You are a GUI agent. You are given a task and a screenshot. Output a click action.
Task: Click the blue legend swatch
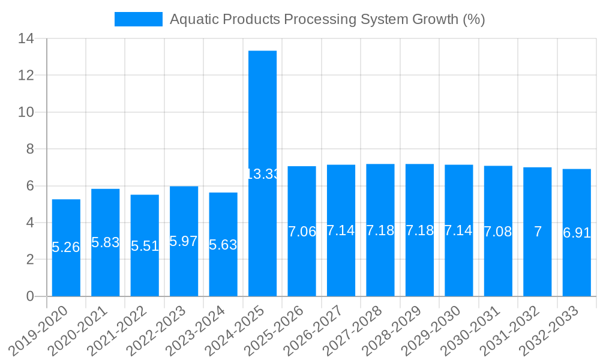coord(139,19)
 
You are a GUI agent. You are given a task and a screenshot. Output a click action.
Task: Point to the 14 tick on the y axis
coord(26,39)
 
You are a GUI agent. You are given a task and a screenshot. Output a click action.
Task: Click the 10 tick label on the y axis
coord(26,113)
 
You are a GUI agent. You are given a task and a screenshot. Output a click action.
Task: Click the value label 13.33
coord(263,174)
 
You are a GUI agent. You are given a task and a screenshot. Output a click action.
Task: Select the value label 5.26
coord(66,247)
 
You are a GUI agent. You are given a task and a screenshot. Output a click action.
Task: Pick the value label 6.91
coord(577,233)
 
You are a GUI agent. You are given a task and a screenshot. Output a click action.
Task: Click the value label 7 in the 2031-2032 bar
coord(538,232)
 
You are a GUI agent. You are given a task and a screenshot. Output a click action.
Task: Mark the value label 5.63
coord(223,245)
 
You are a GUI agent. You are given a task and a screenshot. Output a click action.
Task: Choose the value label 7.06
coord(302,232)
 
